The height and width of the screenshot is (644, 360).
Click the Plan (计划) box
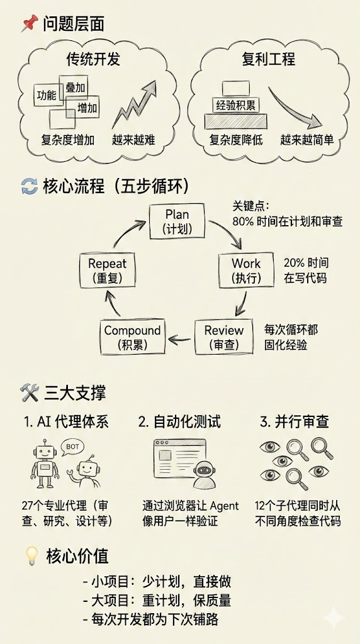tap(177, 221)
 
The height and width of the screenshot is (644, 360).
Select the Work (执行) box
tap(246, 270)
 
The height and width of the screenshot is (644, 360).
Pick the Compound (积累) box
tap(132, 336)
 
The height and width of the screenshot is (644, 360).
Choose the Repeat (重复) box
tap(107, 270)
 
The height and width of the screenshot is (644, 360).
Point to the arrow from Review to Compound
tap(182, 340)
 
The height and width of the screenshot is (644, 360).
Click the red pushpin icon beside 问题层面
tap(29, 25)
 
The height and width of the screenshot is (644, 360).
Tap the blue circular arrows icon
tap(30, 187)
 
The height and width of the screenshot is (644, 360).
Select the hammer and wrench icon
tap(30, 393)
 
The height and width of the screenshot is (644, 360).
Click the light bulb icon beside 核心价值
tap(31, 555)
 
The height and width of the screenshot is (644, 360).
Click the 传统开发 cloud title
tap(93, 60)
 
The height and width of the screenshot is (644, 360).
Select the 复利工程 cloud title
tap(269, 60)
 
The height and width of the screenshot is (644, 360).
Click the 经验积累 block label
tap(236, 104)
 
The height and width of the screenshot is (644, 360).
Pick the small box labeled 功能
tap(47, 96)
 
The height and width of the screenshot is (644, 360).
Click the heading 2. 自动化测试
tap(179, 421)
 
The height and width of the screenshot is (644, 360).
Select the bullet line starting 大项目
tap(157, 601)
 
